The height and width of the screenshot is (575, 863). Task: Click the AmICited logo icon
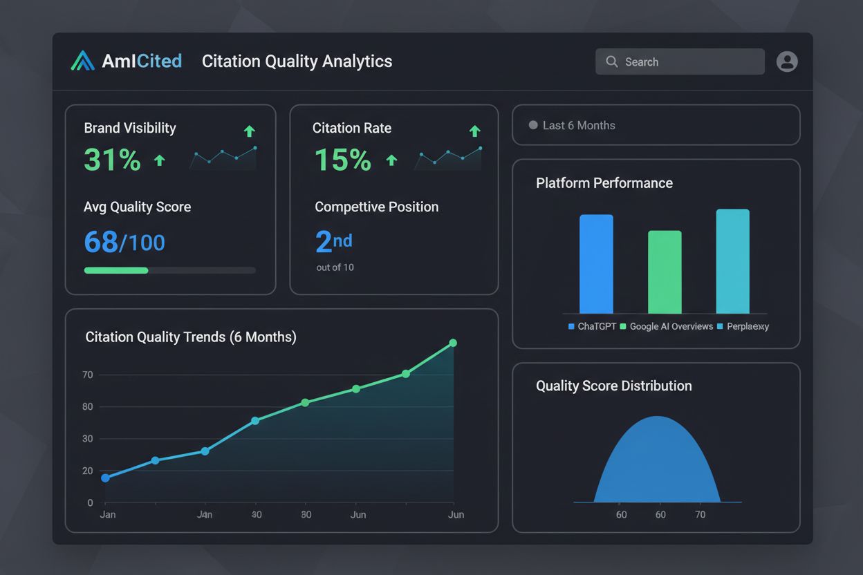[82, 61]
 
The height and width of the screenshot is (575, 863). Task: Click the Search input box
[680, 62]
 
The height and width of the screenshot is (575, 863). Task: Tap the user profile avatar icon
[787, 62]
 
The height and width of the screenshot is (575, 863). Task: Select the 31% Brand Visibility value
[112, 160]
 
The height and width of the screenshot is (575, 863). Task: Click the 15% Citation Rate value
[342, 160]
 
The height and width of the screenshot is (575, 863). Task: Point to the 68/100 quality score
[124, 243]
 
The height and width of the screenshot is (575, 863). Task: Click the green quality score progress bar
[116, 270]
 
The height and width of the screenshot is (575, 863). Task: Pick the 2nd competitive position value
[333, 242]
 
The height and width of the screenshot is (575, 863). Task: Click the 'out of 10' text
[335, 267]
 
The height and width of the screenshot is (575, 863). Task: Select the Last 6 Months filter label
[578, 125]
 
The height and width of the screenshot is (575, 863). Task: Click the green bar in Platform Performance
[665, 272]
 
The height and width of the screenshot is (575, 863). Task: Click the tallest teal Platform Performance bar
[732, 261]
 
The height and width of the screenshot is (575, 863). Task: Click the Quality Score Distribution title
[613, 386]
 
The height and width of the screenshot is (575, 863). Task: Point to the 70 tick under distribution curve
[700, 515]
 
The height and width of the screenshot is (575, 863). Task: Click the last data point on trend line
[453, 343]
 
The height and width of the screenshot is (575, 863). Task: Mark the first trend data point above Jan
[105, 478]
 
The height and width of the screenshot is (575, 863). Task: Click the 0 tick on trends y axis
[90, 503]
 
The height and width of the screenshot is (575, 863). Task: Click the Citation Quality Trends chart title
[191, 337]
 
